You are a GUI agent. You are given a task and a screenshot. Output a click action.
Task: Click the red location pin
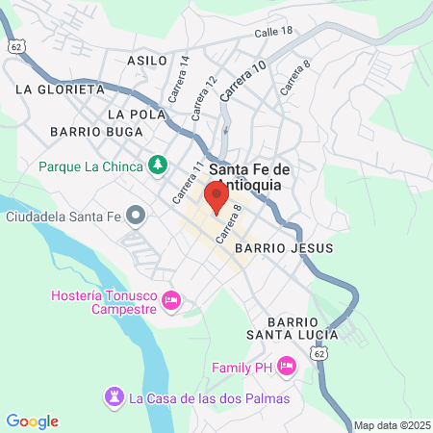click(216, 198)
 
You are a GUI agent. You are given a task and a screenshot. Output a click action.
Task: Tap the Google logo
click(32, 420)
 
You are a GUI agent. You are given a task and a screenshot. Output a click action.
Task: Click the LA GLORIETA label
click(60, 89)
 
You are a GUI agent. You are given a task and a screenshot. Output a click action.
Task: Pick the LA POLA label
click(130, 114)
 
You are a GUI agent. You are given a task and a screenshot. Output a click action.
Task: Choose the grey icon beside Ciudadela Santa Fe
click(137, 214)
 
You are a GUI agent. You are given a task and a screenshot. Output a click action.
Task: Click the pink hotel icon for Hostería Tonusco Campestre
click(171, 301)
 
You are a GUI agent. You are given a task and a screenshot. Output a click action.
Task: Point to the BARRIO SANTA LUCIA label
click(291, 327)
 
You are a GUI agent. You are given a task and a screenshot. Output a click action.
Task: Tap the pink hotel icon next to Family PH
click(286, 367)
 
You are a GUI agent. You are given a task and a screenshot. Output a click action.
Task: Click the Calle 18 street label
click(273, 32)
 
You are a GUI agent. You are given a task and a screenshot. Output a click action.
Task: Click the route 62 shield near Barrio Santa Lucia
click(318, 353)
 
